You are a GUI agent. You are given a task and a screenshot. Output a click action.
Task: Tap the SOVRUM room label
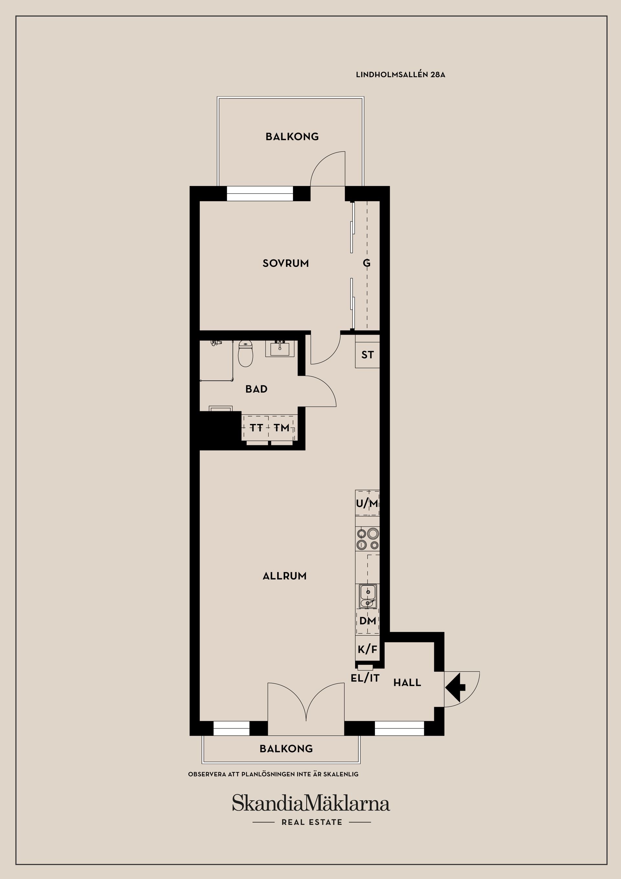[x=286, y=263]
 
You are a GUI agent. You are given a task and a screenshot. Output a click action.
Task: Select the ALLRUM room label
[x=285, y=587]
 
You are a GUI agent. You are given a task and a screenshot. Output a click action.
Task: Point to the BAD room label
[x=256, y=389]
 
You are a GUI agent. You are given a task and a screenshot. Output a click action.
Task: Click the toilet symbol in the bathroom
[x=245, y=353]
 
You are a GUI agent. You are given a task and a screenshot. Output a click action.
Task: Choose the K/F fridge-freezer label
[x=367, y=660]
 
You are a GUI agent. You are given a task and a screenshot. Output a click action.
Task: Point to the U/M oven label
[x=367, y=504]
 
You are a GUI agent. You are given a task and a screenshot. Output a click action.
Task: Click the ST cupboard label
[x=367, y=355]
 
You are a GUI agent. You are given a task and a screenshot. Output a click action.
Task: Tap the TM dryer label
[x=282, y=428]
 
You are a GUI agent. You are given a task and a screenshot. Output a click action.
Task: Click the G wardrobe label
[x=366, y=263]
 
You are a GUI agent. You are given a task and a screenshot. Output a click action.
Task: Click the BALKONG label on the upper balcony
[x=292, y=137]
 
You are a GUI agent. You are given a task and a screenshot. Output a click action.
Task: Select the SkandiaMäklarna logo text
[x=311, y=804]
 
